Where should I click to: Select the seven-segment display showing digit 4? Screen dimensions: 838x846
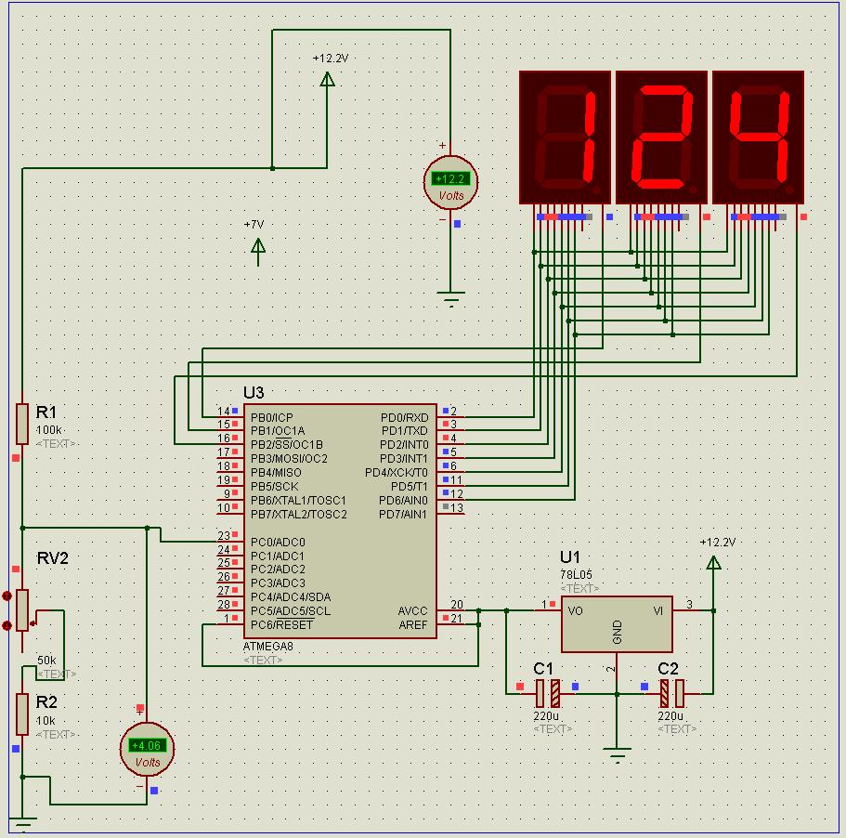click(x=757, y=136)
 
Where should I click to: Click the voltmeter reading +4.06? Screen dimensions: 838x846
click(x=147, y=749)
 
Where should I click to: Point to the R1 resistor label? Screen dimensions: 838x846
click(x=46, y=412)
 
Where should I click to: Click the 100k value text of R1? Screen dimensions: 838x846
click(x=49, y=430)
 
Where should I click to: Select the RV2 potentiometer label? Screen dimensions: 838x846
click(x=53, y=558)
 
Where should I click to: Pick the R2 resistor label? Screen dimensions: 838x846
click(x=46, y=702)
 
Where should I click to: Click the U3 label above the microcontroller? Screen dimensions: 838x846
click(x=254, y=393)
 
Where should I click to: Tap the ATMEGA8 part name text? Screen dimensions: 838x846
click(x=267, y=646)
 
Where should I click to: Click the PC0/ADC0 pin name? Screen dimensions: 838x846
click(x=278, y=542)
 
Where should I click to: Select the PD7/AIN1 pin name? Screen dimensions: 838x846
click(x=403, y=514)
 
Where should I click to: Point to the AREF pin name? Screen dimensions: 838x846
click(x=413, y=624)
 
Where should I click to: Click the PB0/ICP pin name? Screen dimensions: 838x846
click(x=270, y=417)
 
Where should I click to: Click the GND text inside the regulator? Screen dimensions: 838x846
click(x=618, y=633)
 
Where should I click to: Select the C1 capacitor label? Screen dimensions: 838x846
click(x=543, y=668)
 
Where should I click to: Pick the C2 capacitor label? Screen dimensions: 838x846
click(x=668, y=668)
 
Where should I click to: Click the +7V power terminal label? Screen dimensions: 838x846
click(x=254, y=225)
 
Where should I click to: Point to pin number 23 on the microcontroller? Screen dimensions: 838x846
click(x=224, y=536)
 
